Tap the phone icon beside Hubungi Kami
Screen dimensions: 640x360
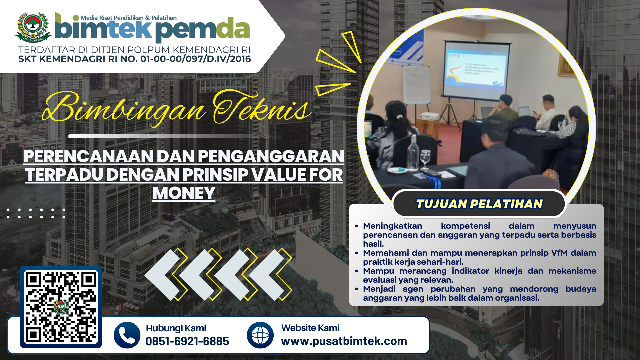(x=127, y=335)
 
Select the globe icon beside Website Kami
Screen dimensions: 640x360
(x=260, y=335)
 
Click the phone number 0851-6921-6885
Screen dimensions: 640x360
(x=187, y=341)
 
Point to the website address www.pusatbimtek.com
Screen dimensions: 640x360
(x=344, y=341)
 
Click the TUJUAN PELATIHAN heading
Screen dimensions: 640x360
(x=479, y=204)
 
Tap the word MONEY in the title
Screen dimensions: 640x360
(x=184, y=193)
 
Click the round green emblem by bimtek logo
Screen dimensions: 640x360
(x=33, y=27)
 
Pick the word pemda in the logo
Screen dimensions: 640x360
(x=202, y=29)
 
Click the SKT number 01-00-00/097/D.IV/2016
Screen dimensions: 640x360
(x=196, y=59)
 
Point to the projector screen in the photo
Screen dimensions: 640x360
(x=476, y=68)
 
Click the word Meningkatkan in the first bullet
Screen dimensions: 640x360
(x=392, y=226)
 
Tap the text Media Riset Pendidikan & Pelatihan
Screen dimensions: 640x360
(x=128, y=18)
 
